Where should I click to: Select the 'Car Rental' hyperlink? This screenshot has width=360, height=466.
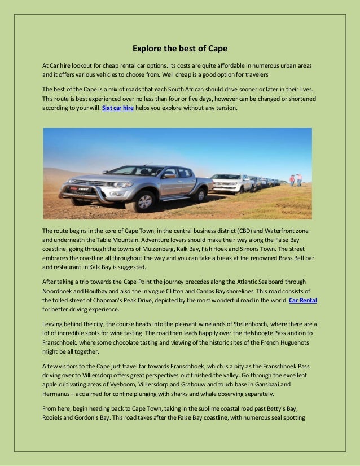[x=302, y=300]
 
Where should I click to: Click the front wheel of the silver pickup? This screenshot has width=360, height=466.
[x=141, y=201]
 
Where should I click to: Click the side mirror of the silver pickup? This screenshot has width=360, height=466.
[x=168, y=175]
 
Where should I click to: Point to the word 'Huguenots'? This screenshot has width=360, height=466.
[x=298, y=342]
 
